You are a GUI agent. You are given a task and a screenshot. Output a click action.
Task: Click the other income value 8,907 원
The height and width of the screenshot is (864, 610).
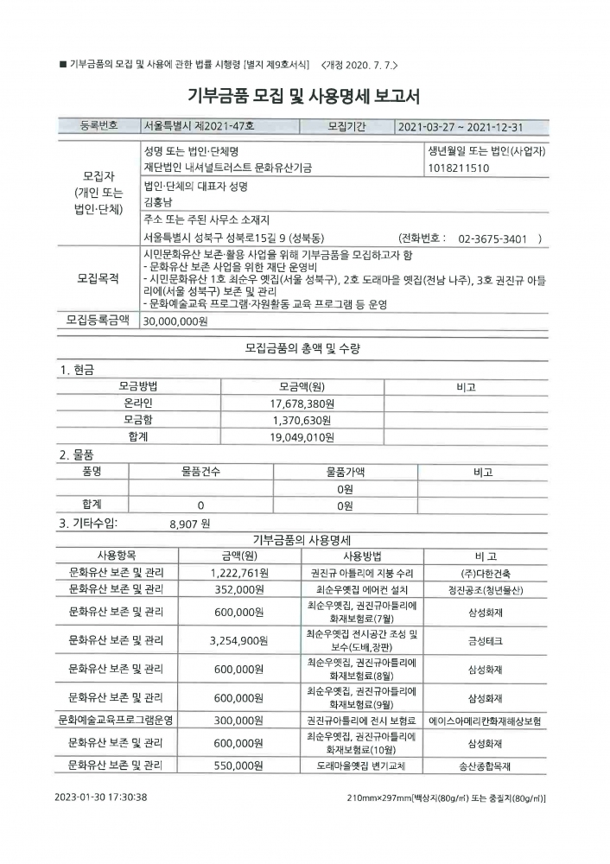(x=189, y=523)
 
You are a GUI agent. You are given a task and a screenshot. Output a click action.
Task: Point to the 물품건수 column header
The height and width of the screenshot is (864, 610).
(x=200, y=473)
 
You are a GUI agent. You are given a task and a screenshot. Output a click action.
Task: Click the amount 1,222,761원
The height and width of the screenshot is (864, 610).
(x=239, y=572)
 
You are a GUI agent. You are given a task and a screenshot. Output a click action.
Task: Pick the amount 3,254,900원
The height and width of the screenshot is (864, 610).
(x=239, y=640)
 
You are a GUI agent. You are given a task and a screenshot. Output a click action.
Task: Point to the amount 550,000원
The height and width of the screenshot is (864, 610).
(x=239, y=766)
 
